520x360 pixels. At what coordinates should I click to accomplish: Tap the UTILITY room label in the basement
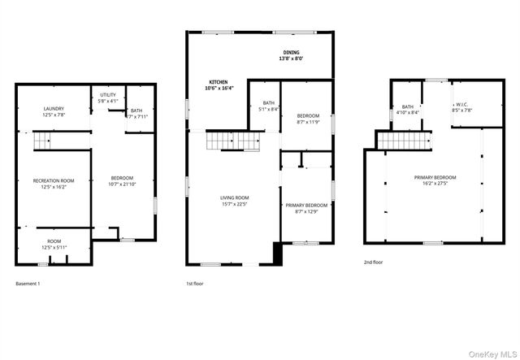point(108,98)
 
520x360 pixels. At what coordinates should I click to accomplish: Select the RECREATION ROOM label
point(54,184)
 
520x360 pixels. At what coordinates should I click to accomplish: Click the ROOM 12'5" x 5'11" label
point(54,244)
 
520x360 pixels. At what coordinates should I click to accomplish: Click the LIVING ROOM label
point(234,201)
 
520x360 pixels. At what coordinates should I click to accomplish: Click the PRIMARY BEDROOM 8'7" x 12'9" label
point(306,208)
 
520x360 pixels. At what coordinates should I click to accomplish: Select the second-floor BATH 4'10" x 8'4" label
point(408,110)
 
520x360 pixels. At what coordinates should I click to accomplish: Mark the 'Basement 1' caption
point(28,284)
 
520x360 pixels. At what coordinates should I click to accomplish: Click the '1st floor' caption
point(194,284)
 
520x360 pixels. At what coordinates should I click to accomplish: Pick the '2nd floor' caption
point(374,262)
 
